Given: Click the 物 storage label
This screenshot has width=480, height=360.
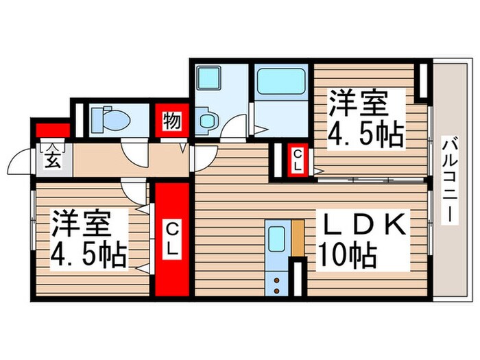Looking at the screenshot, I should pos(171,122).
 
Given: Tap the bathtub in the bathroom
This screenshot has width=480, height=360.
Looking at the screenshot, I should pos(280,84).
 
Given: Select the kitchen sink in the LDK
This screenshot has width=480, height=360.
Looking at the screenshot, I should pos(276,241).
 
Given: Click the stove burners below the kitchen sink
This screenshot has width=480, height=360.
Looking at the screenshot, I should pos(276,283).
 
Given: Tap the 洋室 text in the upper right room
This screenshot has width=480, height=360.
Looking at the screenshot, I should pos(357,104).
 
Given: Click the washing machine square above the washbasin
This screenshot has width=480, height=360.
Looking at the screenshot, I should pos(208,77).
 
